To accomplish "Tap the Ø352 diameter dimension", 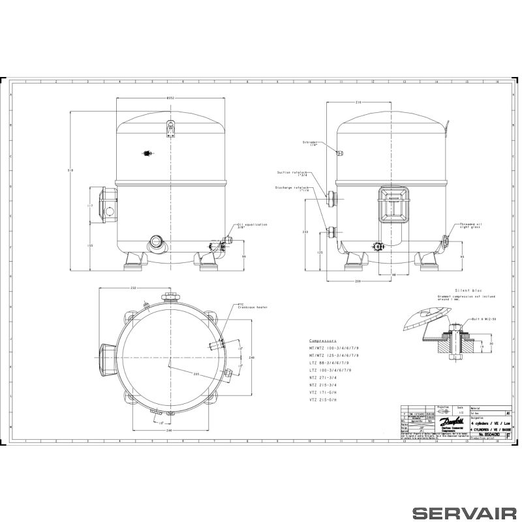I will coord(170,98).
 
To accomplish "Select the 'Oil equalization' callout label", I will coord(252,225).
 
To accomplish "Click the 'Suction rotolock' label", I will coord(293,173).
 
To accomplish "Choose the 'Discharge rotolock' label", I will coord(291,189).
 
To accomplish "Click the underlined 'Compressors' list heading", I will coord(322,341).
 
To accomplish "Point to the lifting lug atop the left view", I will coord(170,128).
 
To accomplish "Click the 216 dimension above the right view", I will coord(358,102).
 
